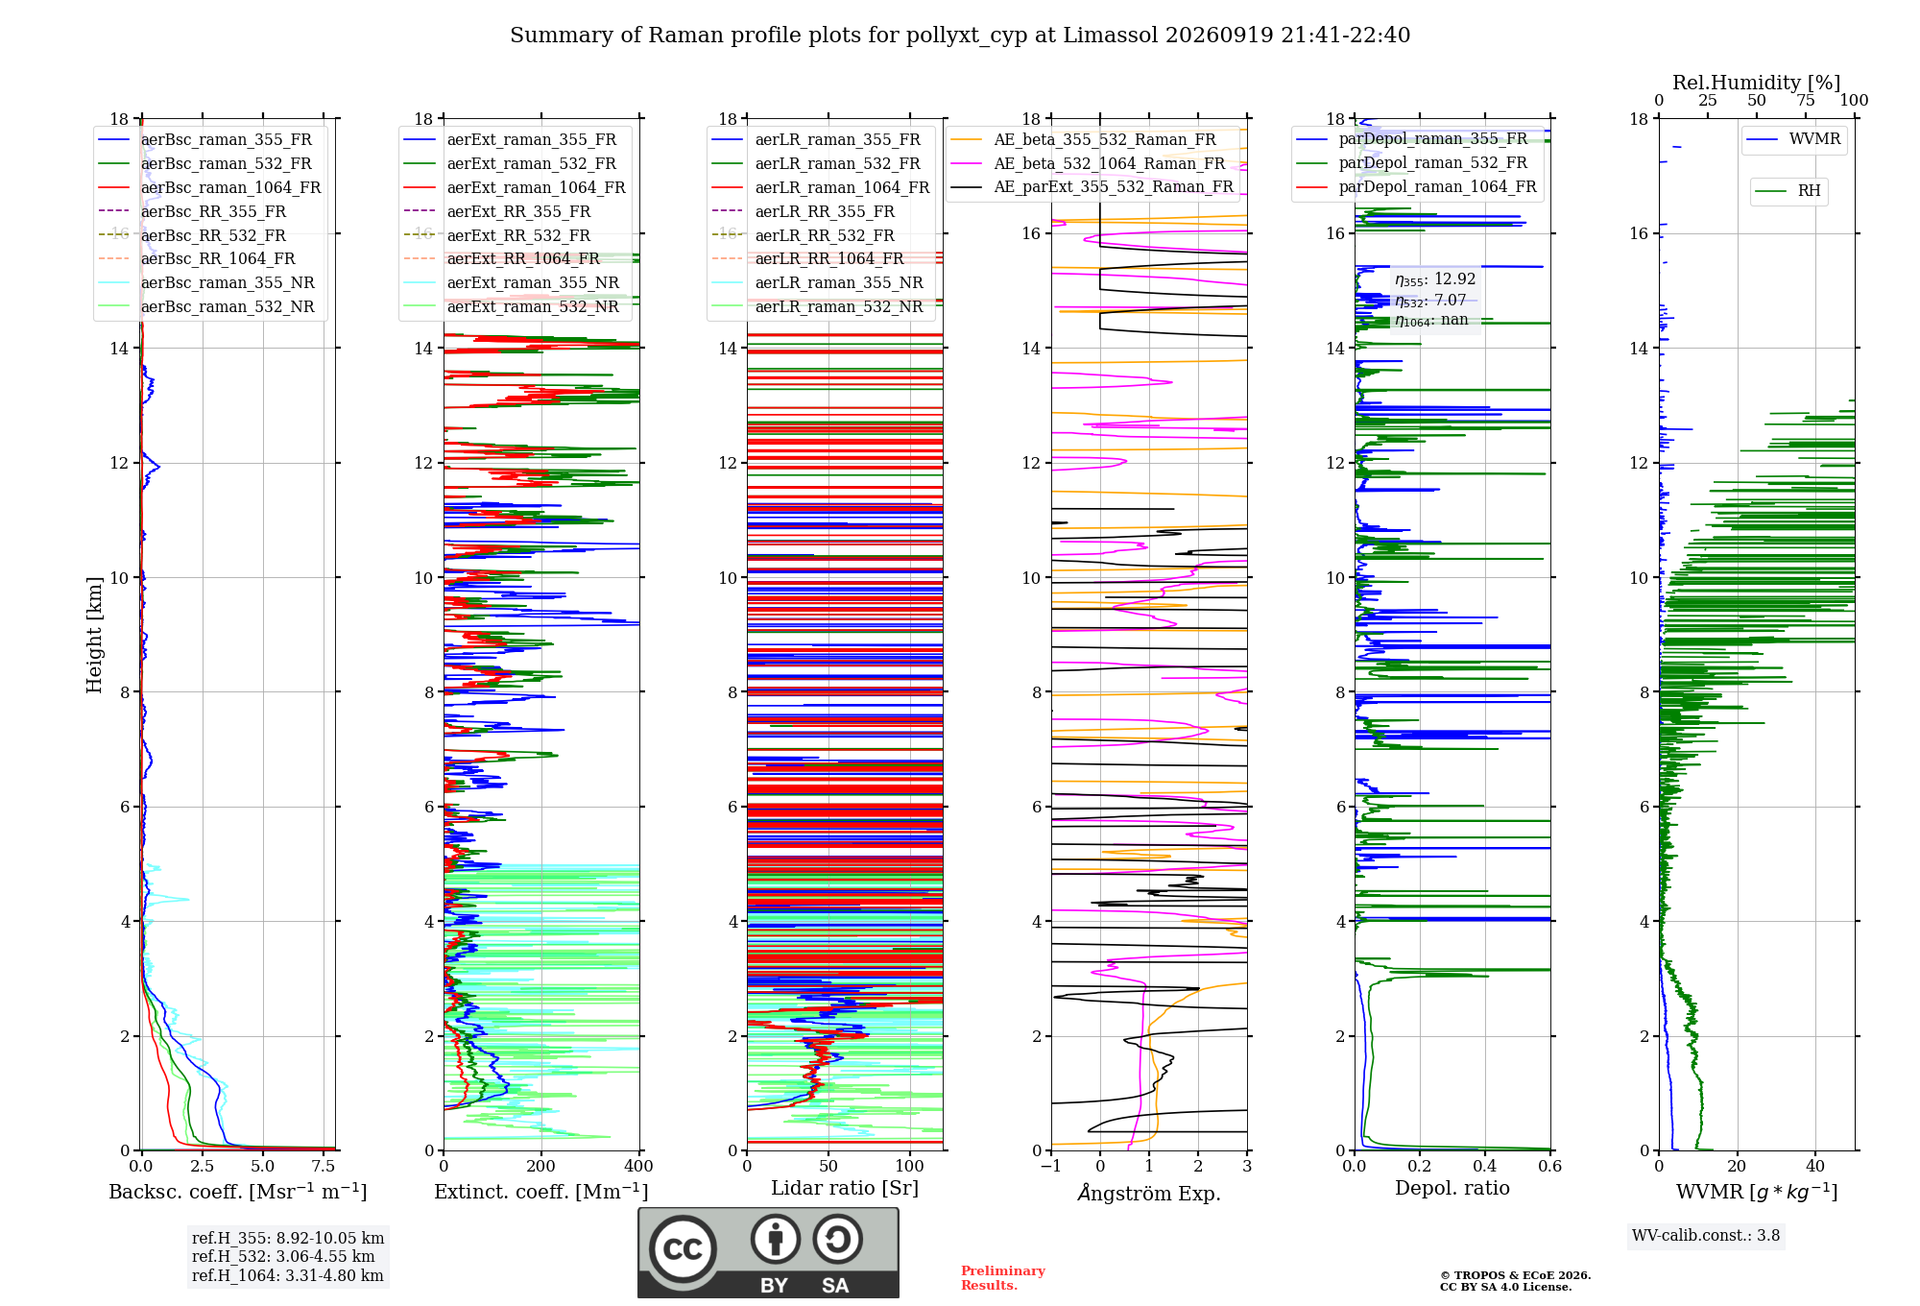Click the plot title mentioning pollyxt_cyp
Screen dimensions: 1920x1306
click(x=960, y=36)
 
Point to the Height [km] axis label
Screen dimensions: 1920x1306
click(x=94, y=635)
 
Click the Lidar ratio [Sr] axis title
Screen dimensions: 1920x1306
click(x=845, y=1188)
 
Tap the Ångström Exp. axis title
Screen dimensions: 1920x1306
click(x=1149, y=1193)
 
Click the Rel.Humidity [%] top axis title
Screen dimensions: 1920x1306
click(x=1757, y=83)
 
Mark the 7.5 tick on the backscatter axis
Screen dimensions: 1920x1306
click(x=324, y=1166)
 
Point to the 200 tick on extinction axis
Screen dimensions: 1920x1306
click(x=540, y=1166)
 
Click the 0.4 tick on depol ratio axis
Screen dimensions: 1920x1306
click(x=1485, y=1166)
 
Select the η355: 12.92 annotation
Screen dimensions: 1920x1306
click(x=1435, y=279)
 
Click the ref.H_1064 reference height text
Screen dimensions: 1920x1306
click(x=288, y=1275)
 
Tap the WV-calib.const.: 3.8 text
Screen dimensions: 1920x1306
click(x=1706, y=1235)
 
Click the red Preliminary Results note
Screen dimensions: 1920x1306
click(x=1003, y=1278)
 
